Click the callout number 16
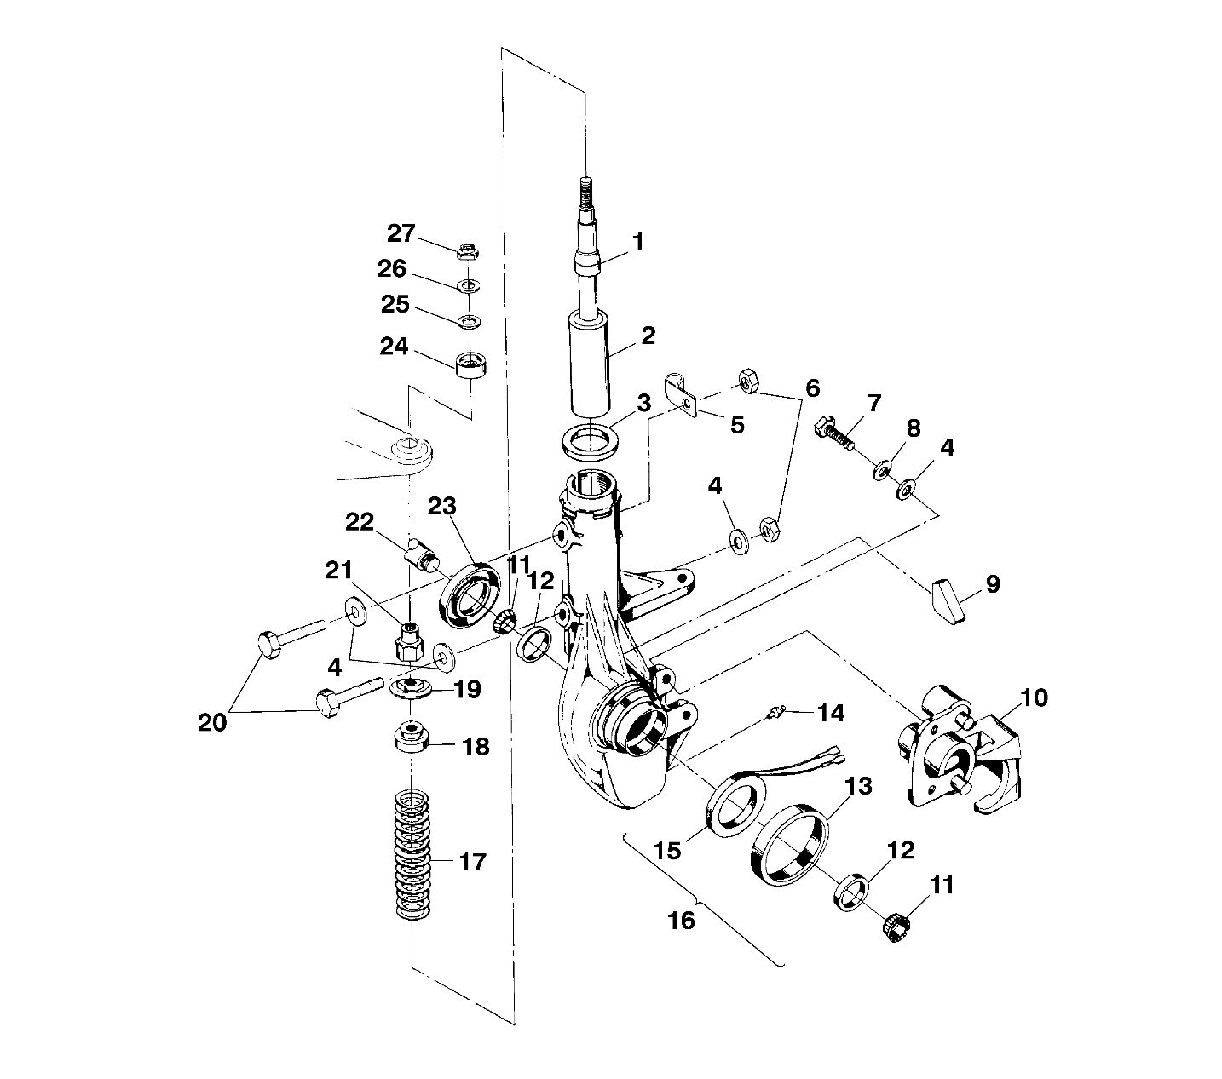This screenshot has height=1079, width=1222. tap(683, 920)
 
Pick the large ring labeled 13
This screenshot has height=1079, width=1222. tap(789, 847)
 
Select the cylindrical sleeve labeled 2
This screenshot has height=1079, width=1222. tap(590, 361)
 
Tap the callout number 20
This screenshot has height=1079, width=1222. tap(212, 722)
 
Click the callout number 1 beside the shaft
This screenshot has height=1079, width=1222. tap(637, 243)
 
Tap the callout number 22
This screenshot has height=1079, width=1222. tap(360, 521)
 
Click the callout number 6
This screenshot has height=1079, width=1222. tap(811, 389)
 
